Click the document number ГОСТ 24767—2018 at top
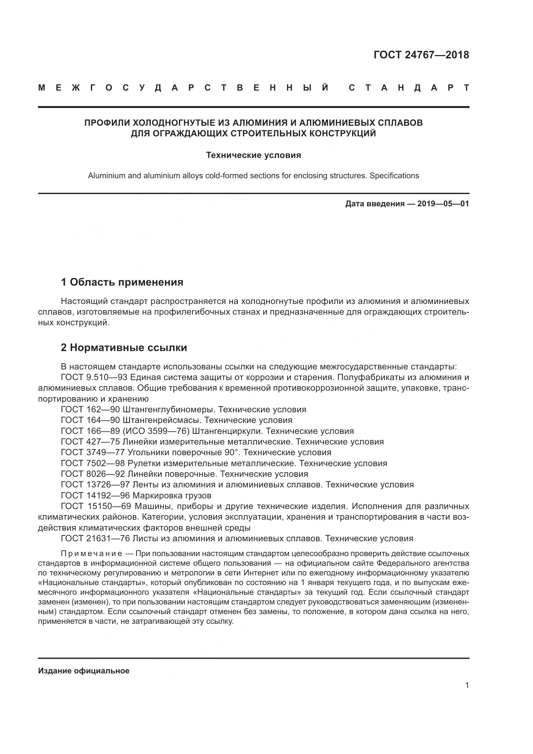coord(421,55)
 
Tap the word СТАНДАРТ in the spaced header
coord(409,88)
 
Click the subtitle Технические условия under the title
coord(253,155)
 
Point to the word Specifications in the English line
coord(394,176)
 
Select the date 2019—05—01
coord(443,204)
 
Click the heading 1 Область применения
coord(122,282)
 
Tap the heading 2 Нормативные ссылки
coord(124,348)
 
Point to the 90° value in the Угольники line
coord(231,453)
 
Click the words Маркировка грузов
coord(172,495)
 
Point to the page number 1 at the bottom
coord(467,685)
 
